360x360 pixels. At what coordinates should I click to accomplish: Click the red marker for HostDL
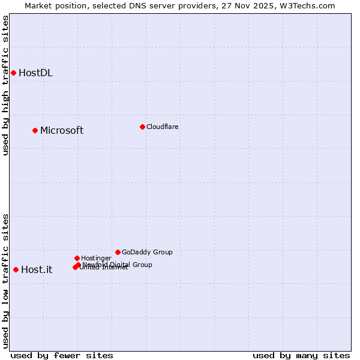pos(13,73)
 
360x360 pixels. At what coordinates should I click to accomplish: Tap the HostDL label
pos(35,73)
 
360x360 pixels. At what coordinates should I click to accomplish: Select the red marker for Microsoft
pos(35,130)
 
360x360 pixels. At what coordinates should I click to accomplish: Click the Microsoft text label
pos(62,131)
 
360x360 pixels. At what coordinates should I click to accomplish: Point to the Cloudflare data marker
pos(142,127)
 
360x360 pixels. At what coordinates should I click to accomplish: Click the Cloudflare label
pos(162,127)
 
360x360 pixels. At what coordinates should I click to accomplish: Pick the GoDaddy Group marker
pos(118,252)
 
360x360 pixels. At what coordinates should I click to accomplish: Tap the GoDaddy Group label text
pos(147,252)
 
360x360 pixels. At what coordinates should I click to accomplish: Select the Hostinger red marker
pos(77,258)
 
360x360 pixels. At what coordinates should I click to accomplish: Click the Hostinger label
pos(96,258)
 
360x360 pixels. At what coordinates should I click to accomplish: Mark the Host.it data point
pos(16,269)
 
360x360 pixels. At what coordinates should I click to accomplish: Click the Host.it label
pos(37,270)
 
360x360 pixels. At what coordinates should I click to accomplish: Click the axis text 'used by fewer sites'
pos(62,355)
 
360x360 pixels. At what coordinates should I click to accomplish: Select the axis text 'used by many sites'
pos(301,355)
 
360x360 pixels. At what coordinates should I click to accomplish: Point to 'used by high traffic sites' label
pos(5,85)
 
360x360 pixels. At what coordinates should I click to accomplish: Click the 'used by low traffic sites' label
pos(5,280)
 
